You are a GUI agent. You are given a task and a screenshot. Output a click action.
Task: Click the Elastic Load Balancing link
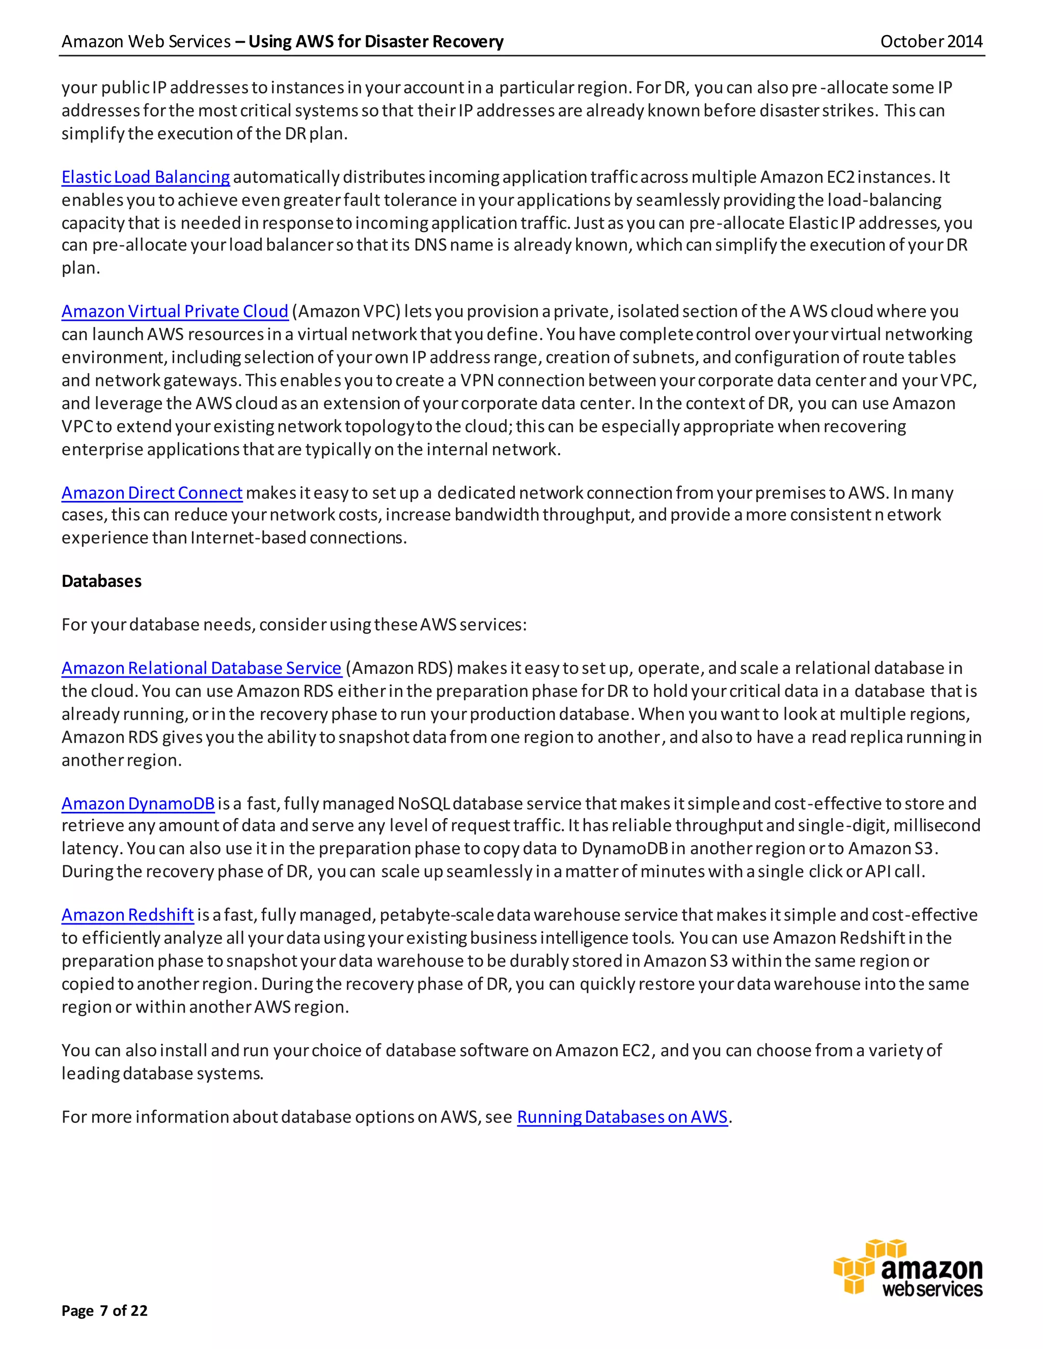tap(145, 177)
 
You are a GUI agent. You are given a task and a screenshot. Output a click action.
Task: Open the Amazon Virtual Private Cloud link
tap(175, 312)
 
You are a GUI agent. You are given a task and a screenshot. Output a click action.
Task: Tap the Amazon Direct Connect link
tap(152, 493)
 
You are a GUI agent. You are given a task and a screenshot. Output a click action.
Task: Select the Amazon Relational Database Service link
tap(202, 668)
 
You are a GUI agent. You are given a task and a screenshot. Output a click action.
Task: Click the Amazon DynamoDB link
tap(138, 804)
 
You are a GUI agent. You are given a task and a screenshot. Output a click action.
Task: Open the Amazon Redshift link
tap(127, 915)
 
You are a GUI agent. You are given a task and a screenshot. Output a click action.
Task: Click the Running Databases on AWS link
tap(622, 1117)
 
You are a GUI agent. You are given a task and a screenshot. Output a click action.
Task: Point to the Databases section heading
tap(101, 581)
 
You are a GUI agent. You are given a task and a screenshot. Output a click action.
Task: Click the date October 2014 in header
tap(930, 41)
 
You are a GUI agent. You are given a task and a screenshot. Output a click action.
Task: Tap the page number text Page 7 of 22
tap(104, 1311)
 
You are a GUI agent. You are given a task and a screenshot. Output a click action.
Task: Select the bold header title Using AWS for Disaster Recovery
tap(376, 41)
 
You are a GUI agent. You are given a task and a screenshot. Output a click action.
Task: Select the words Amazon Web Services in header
tap(146, 41)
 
